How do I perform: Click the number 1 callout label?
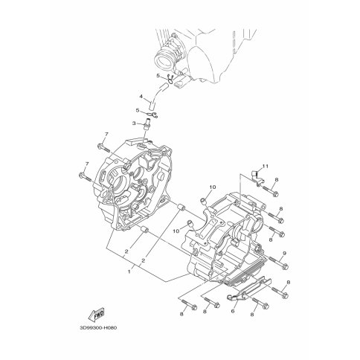pyautogui.click(x=129, y=271)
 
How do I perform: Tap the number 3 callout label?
pyautogui.click(x=134, y=123)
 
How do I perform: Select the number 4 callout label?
pyautogui.click(x=141, y=97)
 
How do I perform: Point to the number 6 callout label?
pyautogui.click(x=233, y=310)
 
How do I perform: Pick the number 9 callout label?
pyautogui.click(x=284, y=254)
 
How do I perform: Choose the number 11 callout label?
pyautogui.click(x=266, y=167)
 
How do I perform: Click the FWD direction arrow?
pyautogui.click(x=97, y=314)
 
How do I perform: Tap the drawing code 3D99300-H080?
pyautogui.click(x=98, y=328)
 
